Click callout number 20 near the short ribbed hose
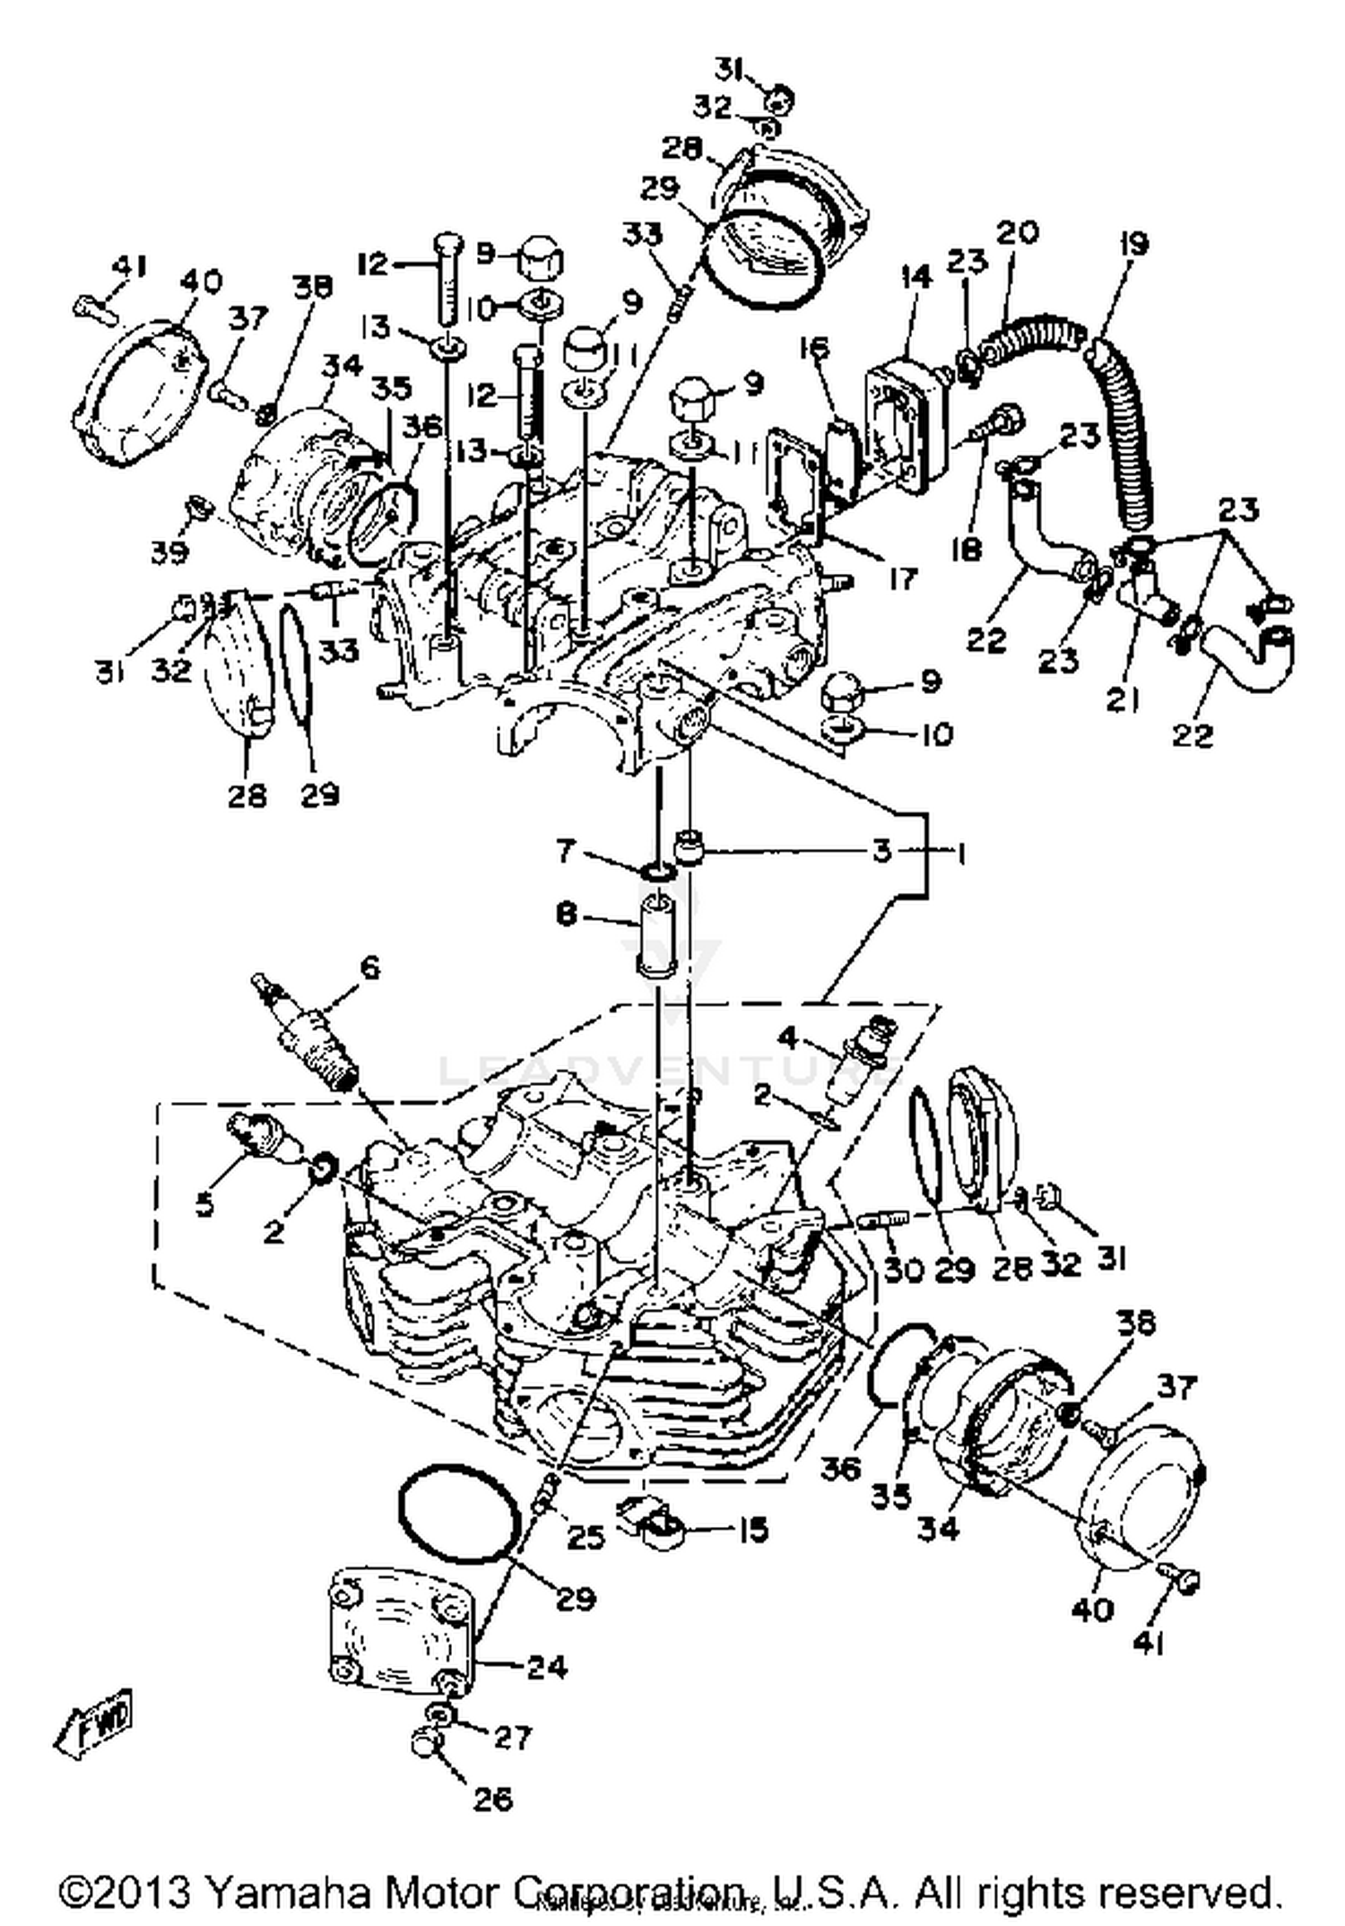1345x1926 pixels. pyautogui.click(x=1017, y=233)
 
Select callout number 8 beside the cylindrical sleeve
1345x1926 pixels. pyautogui.click(x=567, y=917)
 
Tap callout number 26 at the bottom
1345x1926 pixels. pyautogui.click(x=492, y=1798)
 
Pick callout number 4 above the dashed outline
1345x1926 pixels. pyautogui.click(x=787, y=1039)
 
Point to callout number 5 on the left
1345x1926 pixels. pyautogui.click(x=204, y=1204)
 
